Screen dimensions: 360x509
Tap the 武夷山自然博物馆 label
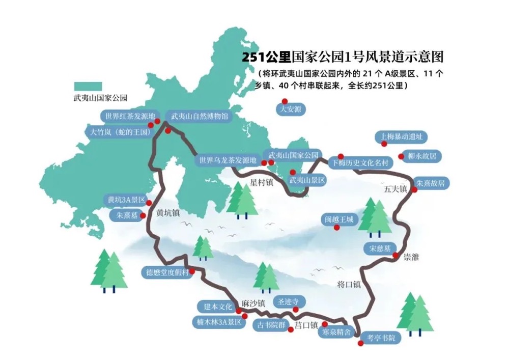click(x=199, y=116)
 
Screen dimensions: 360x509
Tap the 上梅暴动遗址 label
click(x=401, y=137)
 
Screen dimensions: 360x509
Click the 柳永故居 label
click(x=422, y=156)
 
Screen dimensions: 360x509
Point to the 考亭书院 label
click(x=381, y=337)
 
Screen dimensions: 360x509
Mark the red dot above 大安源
click(x=285, y=101)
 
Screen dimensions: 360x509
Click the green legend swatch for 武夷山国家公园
click(x=88, y=86)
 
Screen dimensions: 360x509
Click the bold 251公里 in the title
click(x=267, y=57)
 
